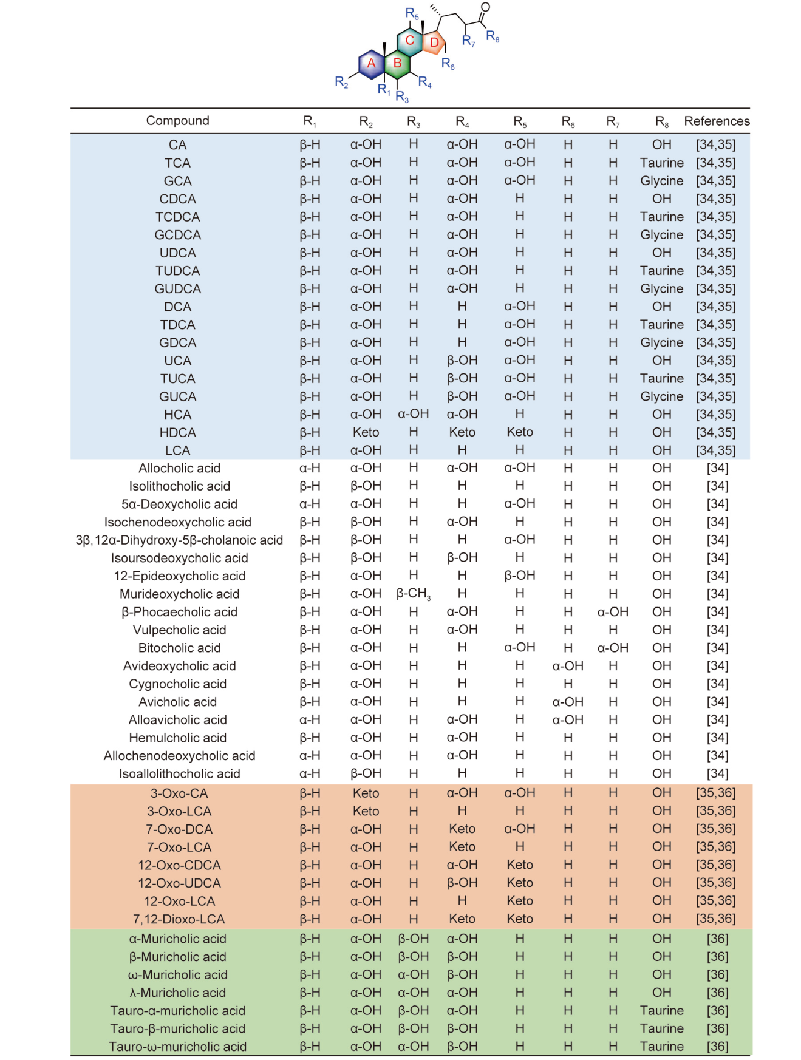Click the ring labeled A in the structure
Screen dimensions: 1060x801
371,63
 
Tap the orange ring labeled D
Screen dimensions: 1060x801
434,42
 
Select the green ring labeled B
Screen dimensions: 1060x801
397,63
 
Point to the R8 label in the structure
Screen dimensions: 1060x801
493,36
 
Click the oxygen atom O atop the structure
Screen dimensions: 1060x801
485,7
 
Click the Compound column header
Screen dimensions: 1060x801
177,121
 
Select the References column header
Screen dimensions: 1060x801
717,121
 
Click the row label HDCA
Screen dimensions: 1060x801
177,433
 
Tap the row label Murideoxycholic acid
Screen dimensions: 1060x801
179,594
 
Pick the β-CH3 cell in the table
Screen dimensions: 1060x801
414,594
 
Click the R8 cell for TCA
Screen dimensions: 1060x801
661,163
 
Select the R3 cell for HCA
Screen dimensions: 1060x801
414,415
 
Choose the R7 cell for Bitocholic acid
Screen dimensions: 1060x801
613,648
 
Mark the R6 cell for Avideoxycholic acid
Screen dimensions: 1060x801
568,666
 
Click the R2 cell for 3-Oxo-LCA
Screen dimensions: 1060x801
366,812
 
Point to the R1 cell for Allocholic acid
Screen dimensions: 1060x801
310,468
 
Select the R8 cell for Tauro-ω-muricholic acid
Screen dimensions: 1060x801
661,1047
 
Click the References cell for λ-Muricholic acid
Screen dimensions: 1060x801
717,993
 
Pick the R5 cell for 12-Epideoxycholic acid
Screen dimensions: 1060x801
520,576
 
